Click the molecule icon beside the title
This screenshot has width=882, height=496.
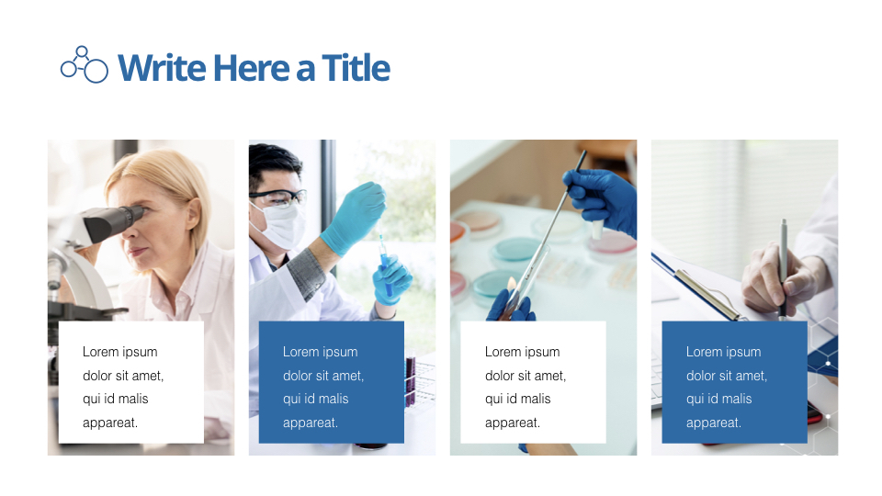click(x=84, y=64)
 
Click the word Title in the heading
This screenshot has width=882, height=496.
click(x=356, y=68)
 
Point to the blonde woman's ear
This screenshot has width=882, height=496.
click(x=191, y=217)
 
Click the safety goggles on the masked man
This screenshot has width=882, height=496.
click(x=278, y=197)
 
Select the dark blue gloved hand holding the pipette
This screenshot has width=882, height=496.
click(x=603, y=197)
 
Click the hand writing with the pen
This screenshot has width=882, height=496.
click(x=775, y=280)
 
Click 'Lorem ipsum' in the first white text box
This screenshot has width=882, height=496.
click(x=119, y=352)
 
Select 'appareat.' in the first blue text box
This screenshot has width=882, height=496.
click(x=311, y=423)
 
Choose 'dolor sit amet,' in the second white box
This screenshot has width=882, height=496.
click(x=526, y=376)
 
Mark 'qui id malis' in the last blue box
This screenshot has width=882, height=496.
click(x=718, y=400)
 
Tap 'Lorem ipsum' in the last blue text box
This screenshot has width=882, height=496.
click(x=723, y=352)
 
